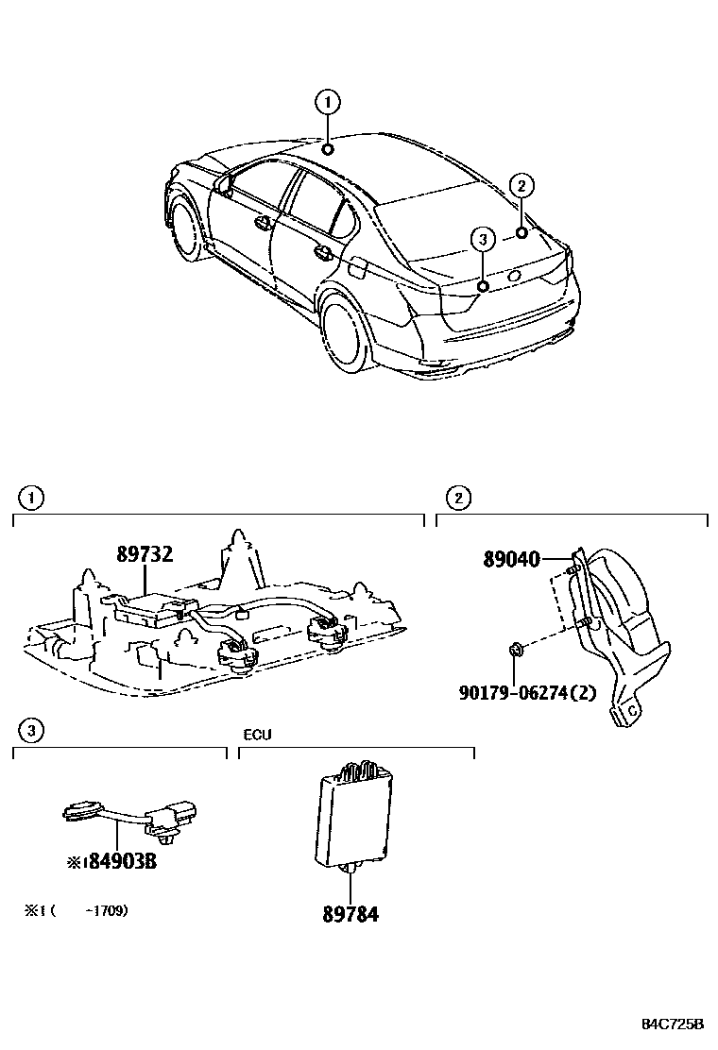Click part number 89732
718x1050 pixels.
(145, 554)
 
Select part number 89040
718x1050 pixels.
(511, 560)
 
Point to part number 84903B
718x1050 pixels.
(115, 861)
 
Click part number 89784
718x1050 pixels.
(350, 913)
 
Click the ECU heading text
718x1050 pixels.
(257, 734)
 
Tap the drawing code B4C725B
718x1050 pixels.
(674, 1025)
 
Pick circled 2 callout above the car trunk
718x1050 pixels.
(521, 185)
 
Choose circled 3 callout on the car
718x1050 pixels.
(482, 240)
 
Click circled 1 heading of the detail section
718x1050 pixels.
(31, 497)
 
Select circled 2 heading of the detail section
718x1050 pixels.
(457, 497)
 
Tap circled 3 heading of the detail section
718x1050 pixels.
(31, 729)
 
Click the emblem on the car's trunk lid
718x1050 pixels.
(515, 275)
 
